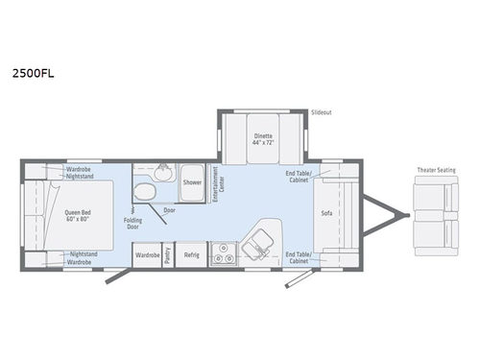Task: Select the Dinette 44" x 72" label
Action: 263,139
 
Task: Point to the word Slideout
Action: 322,112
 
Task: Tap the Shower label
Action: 192,181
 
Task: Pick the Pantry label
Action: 168,255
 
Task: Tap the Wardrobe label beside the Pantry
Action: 146,255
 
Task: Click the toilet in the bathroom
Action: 145,191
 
